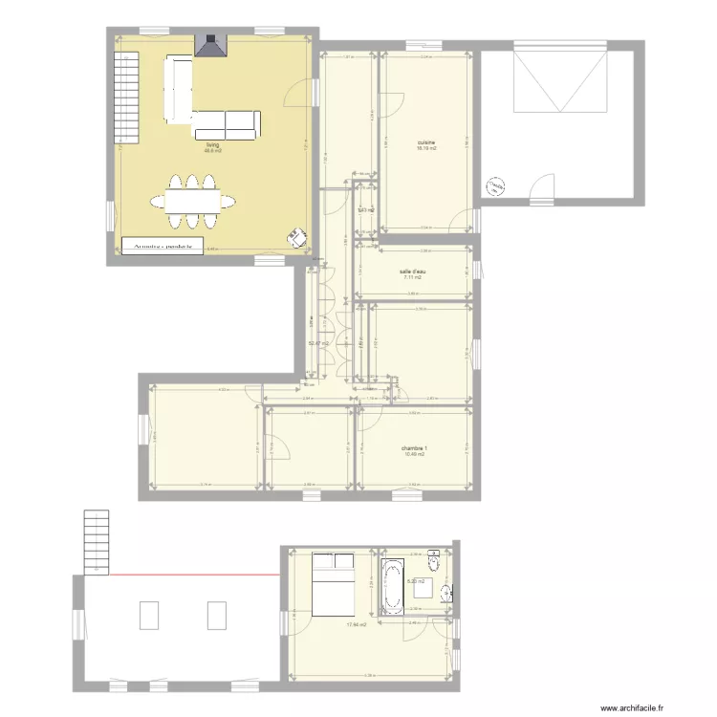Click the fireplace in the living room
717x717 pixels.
click(x=208, y=45)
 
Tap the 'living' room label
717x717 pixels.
click(x=212, y=144)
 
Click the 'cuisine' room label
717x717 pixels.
click(x=426, y=141)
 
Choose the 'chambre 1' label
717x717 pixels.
click(x=414, y=447)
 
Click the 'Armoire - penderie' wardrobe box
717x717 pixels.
click(x=163, y=247)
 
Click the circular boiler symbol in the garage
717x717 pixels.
click(x=495, y=186)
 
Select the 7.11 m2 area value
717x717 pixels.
click(x=412, y=277)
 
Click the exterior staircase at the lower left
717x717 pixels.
click(x=98, y=540)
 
